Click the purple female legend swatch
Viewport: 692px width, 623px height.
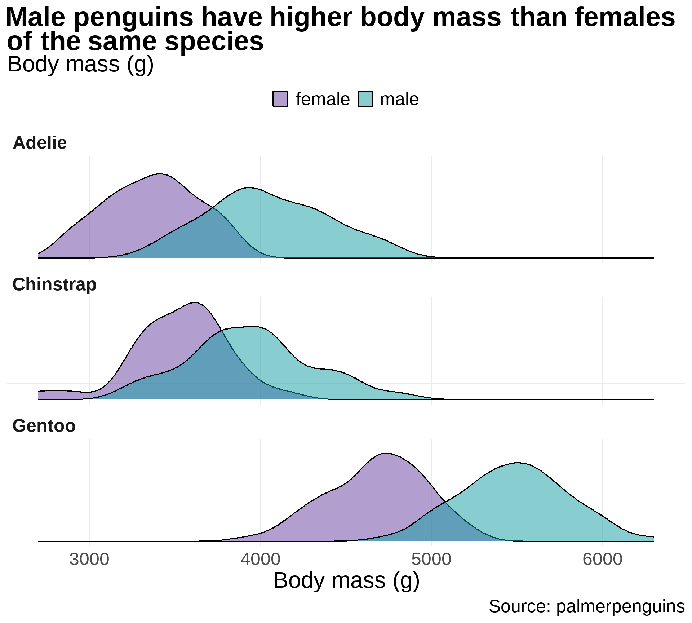click(x=280, y=99)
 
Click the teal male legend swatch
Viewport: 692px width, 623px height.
click(x=365, y=99)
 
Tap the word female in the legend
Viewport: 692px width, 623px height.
click(x=323, y=99)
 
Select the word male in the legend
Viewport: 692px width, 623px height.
click(x=399, y=99)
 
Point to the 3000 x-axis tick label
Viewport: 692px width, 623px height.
click(x=89, y=559)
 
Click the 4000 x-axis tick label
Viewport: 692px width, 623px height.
click(x=260, y=559)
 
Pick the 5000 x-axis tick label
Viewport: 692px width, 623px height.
click(x=431, y=559)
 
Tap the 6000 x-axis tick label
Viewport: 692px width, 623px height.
click(x=602, y=559)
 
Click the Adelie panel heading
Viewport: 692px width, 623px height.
click(x=40, y=143)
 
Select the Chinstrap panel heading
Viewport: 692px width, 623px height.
click(x=54, y=284)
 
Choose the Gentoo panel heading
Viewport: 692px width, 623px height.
click(x=44, y=426)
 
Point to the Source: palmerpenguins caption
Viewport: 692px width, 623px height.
click(x=586, y=606)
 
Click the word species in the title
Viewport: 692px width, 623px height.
click(x=214, y=41)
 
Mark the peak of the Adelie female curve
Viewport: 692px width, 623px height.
click(x=159, y=174)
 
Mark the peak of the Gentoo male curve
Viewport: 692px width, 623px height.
click(x=518, y=463)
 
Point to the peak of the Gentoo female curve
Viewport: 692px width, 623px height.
click(x=386, y=453)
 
